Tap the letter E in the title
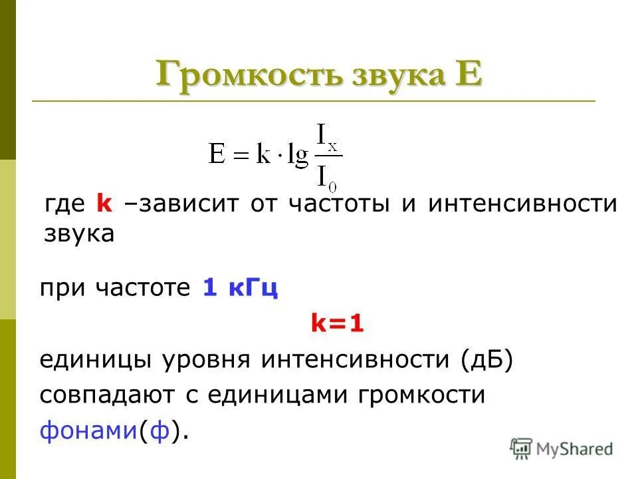tap(466, 74)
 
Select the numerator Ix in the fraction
tap(326, 138)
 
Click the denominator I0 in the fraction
tap(326, 176)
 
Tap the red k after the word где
tap(104, 204)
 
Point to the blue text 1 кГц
tap(239, 289)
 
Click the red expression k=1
tap(338, 325)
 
